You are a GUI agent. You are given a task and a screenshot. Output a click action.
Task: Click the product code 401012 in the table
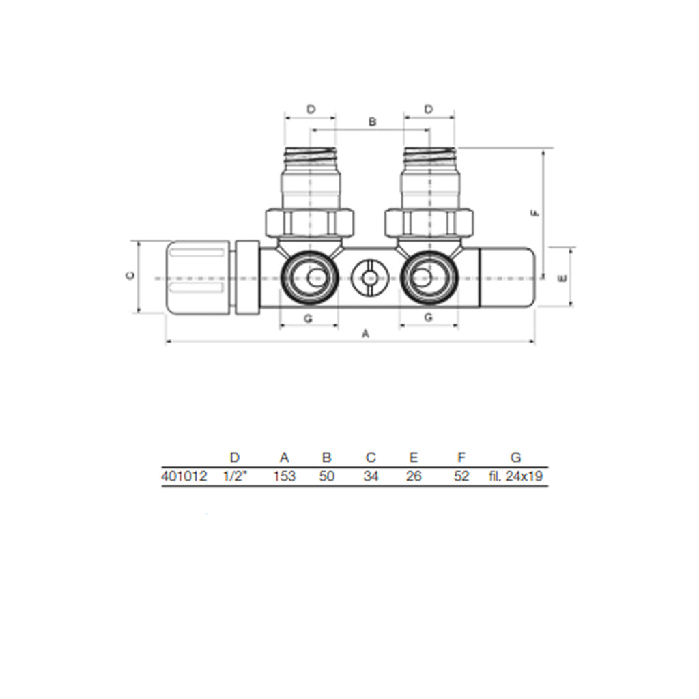point(184,476)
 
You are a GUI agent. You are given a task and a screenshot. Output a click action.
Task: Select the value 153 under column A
point(285,476)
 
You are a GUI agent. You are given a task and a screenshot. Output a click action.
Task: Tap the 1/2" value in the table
point(236,476)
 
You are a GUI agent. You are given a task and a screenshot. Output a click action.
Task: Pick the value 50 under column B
point(327,476)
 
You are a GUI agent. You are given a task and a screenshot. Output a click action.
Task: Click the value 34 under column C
point(371,476)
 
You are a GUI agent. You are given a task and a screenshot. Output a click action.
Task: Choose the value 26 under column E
point(414,476)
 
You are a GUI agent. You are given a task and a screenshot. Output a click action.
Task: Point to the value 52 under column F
point(461,476)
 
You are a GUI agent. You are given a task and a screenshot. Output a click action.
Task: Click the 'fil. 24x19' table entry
point(515,476)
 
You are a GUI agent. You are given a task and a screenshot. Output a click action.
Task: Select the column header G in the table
point(515,457)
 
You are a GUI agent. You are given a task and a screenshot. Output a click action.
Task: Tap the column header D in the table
point(235,457)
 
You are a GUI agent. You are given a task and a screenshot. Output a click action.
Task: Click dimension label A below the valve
point(365,334)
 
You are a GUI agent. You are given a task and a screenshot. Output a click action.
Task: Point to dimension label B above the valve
point(372,122)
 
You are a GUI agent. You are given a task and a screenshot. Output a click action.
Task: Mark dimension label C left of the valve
point(130,276)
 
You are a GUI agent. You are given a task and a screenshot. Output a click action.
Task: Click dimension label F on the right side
point(536,213)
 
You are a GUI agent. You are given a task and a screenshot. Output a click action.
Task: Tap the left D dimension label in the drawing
point(311,109)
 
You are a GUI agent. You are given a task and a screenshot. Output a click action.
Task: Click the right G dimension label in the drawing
point(429,317)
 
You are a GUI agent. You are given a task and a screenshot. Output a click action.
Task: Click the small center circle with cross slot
point(369,279)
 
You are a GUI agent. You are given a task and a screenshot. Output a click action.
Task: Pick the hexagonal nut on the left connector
point(309,222)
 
